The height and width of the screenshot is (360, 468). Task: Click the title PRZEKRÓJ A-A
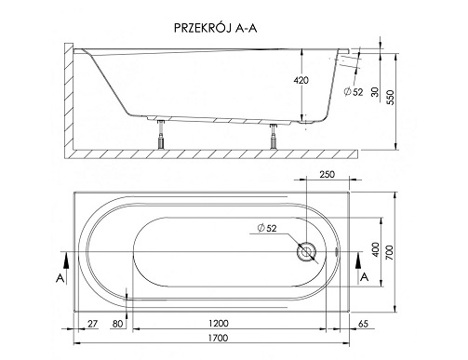click(216, 28)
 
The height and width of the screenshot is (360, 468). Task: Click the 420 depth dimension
click(301, 80)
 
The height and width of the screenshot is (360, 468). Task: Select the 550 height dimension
click(391, 98)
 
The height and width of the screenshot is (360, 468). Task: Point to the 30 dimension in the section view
click(375, 92)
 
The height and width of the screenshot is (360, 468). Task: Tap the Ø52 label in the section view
click(354, 92)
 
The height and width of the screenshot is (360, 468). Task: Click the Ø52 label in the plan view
click(267, 228)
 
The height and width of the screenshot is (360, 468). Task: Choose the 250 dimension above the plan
click(327, 175)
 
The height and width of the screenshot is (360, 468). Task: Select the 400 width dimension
click(375, 249)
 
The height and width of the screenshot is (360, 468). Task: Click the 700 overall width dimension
click(389, 252)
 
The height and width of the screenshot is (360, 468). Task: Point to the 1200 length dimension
click(219, 324)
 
